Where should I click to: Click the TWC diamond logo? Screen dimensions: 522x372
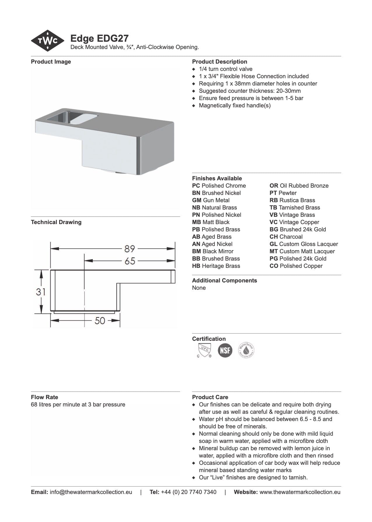48,41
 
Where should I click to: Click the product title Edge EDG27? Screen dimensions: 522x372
99,39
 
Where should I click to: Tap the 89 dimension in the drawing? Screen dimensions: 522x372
130,249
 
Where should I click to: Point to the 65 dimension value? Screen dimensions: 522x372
130,261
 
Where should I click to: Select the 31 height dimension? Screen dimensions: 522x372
41,291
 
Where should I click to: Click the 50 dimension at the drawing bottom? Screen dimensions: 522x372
100,321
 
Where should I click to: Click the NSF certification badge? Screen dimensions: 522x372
225,350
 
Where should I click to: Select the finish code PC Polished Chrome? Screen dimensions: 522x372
219,186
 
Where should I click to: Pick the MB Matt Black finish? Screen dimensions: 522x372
211,222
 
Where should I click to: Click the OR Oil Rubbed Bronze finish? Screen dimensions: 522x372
299,186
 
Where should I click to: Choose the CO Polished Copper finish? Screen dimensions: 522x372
296,266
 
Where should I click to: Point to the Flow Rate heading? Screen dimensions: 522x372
44,397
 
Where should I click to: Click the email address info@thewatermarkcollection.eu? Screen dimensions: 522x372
91,492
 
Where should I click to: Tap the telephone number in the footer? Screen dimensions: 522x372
188,492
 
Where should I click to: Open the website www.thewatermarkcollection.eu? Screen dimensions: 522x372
300,492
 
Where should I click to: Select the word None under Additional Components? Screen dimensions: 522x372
199,288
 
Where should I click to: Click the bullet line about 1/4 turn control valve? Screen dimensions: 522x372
226,69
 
